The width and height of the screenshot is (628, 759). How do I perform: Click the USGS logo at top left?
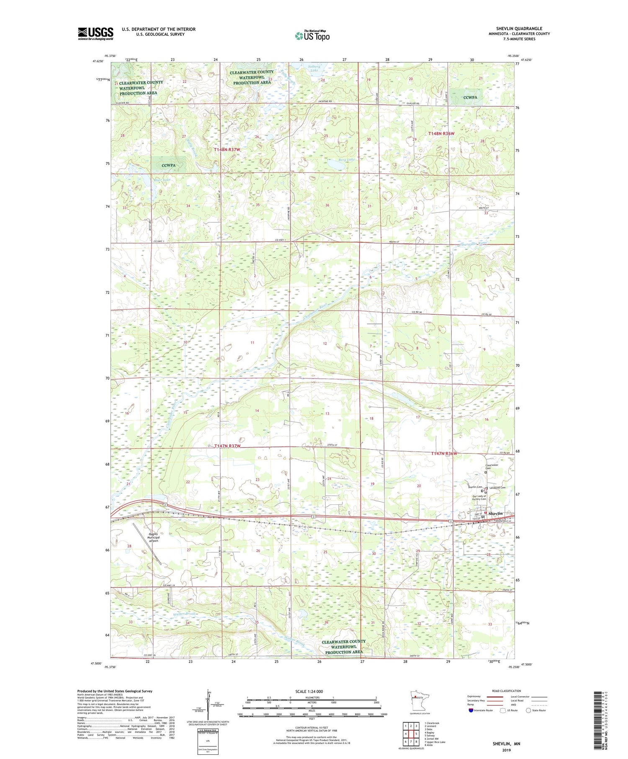tap(95, 33)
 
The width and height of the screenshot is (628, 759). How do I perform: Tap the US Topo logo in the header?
tap(312, 36)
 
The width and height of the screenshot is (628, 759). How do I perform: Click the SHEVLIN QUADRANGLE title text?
tap(519, 28)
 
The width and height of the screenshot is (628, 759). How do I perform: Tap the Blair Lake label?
tap(150, 180)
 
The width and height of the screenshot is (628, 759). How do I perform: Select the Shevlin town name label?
tap(495, 513)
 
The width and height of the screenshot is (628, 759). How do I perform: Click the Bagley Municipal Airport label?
tap(153, 538)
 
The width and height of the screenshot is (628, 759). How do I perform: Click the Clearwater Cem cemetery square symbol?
tap(486, 472)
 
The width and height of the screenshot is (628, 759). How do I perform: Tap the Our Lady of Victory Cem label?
tap(479, 498)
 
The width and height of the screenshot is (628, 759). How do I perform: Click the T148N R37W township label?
tap(227, 149)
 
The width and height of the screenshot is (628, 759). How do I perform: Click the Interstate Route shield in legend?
tap(471, 710)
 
